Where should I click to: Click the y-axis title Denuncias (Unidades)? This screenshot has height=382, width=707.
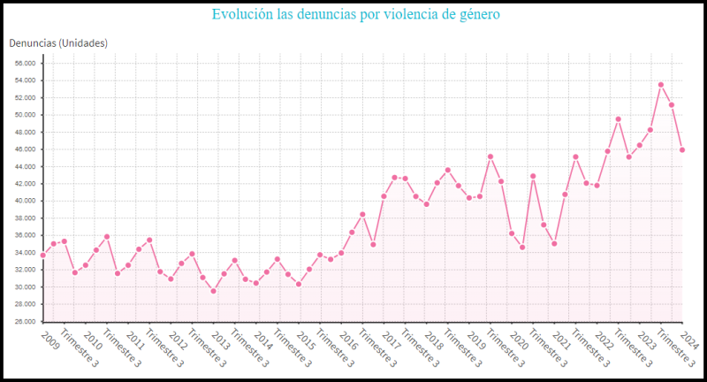pos(58,42)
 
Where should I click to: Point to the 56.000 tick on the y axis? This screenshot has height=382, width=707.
pos(25,64)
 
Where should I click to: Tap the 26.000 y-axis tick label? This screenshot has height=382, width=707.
pos(25,322)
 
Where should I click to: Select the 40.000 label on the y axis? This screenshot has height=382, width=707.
pos(25,202)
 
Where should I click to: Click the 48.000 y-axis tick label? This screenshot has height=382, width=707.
pos(25,133)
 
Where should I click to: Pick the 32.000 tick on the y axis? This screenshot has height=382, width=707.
pos(25,271)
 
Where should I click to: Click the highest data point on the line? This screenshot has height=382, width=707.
pos(661,85)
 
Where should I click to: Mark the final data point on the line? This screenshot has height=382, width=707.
pos(682,149)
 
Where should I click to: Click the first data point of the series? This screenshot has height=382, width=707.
pos(42,256)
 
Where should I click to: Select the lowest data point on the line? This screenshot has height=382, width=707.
pos(213,291)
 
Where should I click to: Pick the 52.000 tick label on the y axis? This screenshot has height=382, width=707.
pos(25,98)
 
